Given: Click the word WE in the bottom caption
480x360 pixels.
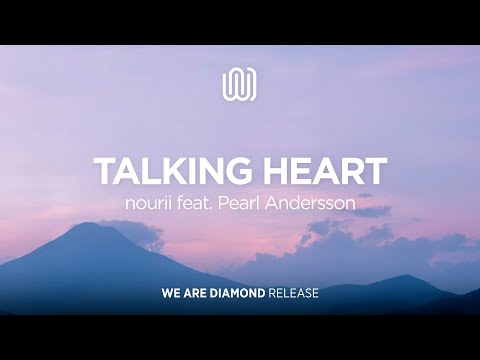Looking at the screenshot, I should pyautogui.click(x=172, y=295).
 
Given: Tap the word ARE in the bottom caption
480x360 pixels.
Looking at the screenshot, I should pyautogui.click(x=199, y=295).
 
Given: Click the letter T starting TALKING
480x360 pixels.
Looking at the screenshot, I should pyautogui.click(x=103, y=171).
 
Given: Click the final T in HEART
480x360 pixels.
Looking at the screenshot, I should pyautogui.click(x=376, y=171).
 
